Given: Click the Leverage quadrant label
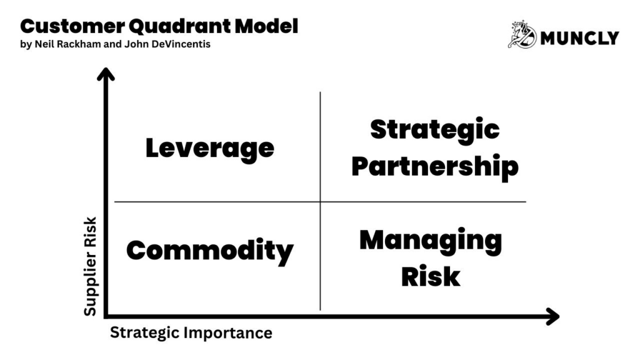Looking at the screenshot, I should (x=210, y=149).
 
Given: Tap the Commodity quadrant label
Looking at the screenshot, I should (x=210, y=251).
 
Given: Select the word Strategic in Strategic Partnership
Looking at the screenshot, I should (x=435, y=129).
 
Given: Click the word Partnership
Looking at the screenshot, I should (x=435, y=167).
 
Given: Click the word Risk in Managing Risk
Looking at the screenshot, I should (x=431, y=276).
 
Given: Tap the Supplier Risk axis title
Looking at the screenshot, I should (x=91, y=266).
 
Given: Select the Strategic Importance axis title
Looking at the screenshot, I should (x=191, y=332).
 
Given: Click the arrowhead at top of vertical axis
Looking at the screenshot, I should (x=107, y=74).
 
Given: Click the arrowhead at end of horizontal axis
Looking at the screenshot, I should (x=551, y=316).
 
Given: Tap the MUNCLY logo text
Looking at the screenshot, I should (x=579, y=38).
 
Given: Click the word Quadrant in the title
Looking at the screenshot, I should (x=174, y=26).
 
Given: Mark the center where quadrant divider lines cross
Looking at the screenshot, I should (x=321, y=202).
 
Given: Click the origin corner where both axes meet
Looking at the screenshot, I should (x=107, y=316).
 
